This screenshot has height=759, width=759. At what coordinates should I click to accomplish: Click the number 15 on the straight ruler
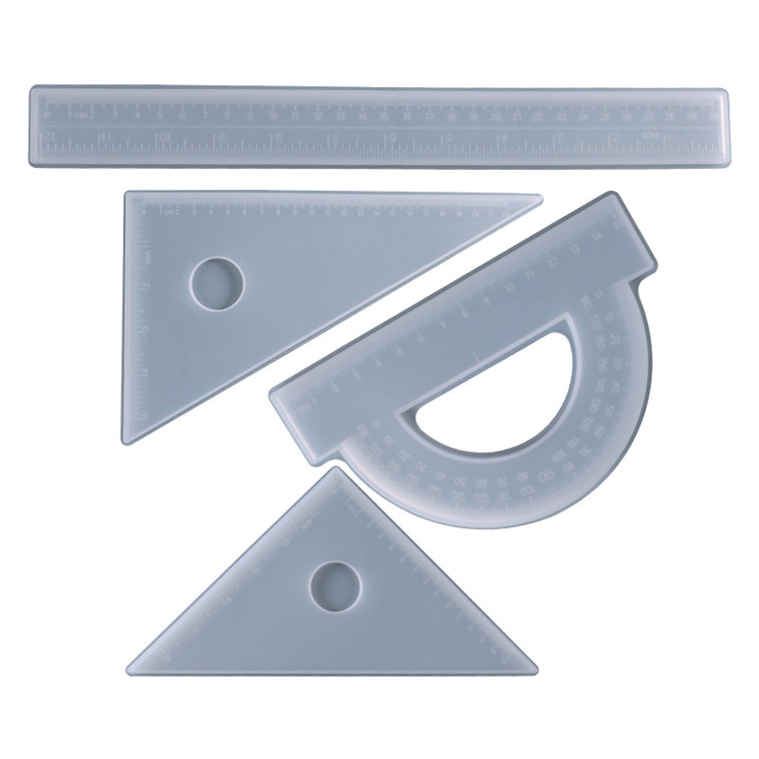tap(384, 116)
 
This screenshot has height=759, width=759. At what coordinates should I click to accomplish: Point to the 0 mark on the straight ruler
tap(46, 115)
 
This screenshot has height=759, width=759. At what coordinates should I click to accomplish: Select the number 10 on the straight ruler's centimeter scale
tap(273, 116)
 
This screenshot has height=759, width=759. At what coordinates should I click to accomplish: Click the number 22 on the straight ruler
tap(537, 116)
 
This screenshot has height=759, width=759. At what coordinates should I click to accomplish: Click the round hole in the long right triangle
tap(217, 284)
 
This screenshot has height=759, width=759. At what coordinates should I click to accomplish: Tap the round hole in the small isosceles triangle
tap(335, 587)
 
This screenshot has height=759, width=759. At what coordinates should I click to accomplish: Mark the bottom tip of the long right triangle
tap(124, 442)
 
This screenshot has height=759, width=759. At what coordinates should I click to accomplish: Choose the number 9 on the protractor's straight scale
tap(486, 300)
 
